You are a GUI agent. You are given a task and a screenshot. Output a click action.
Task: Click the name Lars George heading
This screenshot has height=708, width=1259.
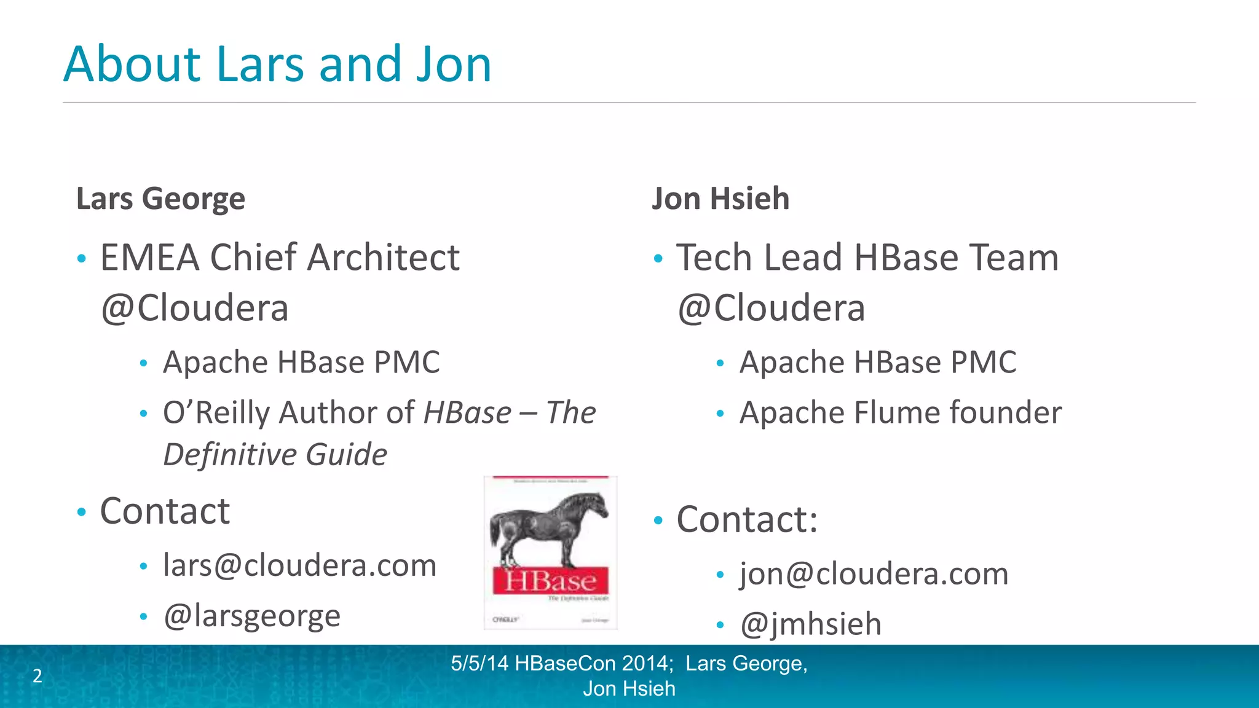[160, 199]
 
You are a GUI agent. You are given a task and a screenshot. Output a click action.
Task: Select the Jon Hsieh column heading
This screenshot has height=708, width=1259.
[720, 199]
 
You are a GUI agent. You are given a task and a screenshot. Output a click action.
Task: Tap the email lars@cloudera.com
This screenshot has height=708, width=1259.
[299, 565]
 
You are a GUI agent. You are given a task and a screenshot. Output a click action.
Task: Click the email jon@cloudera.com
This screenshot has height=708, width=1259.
[874, 573]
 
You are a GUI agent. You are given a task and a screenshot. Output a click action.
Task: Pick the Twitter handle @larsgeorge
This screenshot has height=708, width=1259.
[251, 615]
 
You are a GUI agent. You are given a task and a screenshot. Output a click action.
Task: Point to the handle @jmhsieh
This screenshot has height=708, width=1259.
[811, 624]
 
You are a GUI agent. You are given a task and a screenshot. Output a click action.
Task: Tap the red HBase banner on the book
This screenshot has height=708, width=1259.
[550, 581]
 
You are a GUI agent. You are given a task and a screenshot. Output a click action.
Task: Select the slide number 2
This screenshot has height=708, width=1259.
[37, 675]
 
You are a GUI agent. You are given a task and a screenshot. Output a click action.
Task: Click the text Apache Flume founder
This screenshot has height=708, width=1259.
[901, 412]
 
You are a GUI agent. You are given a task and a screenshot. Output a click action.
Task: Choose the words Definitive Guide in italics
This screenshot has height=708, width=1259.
[275, 455]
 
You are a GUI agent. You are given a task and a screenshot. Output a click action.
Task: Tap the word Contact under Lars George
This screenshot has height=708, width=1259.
[165, 511]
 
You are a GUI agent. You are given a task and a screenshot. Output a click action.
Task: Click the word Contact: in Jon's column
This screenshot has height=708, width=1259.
[747, 519]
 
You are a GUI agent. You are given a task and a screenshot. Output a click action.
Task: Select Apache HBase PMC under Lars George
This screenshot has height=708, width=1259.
[301, 362]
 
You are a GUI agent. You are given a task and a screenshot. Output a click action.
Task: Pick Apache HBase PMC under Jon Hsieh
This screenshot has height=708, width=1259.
[878, 362]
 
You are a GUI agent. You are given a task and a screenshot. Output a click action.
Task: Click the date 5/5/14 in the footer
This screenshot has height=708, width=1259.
[480, 663]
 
